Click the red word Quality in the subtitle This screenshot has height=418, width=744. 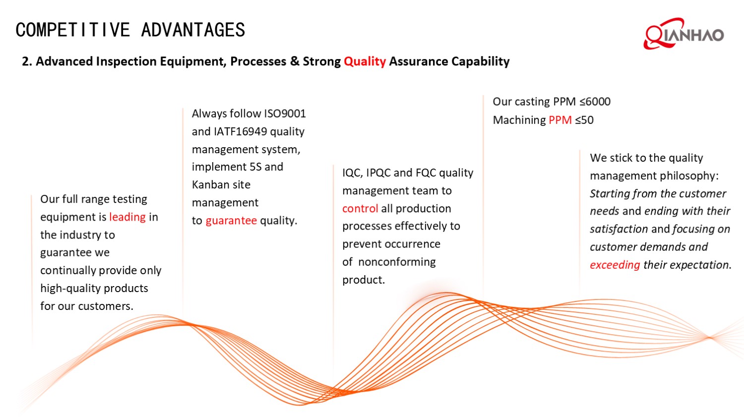[x=365, y=61]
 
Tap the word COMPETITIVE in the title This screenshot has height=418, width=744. [x=72, y=30]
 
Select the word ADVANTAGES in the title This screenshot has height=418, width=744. [x=193, y=30]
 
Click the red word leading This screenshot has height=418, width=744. [x=127, y=217]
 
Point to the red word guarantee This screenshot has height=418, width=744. [x=231, y=221]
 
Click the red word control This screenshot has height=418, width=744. [x=360, y=209]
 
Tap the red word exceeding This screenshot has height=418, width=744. [x=615, y=265]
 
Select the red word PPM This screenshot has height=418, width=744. [x=560, y=120]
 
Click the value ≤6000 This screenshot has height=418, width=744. [x=595, y=102]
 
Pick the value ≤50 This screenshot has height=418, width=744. [x=584, y=120]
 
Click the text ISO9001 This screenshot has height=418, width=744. [x=285, y=114]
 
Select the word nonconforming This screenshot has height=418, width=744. [x=397, y=262]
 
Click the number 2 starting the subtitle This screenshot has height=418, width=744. [x=26, y=61]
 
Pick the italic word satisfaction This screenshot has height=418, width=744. [x=619, y=229]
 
